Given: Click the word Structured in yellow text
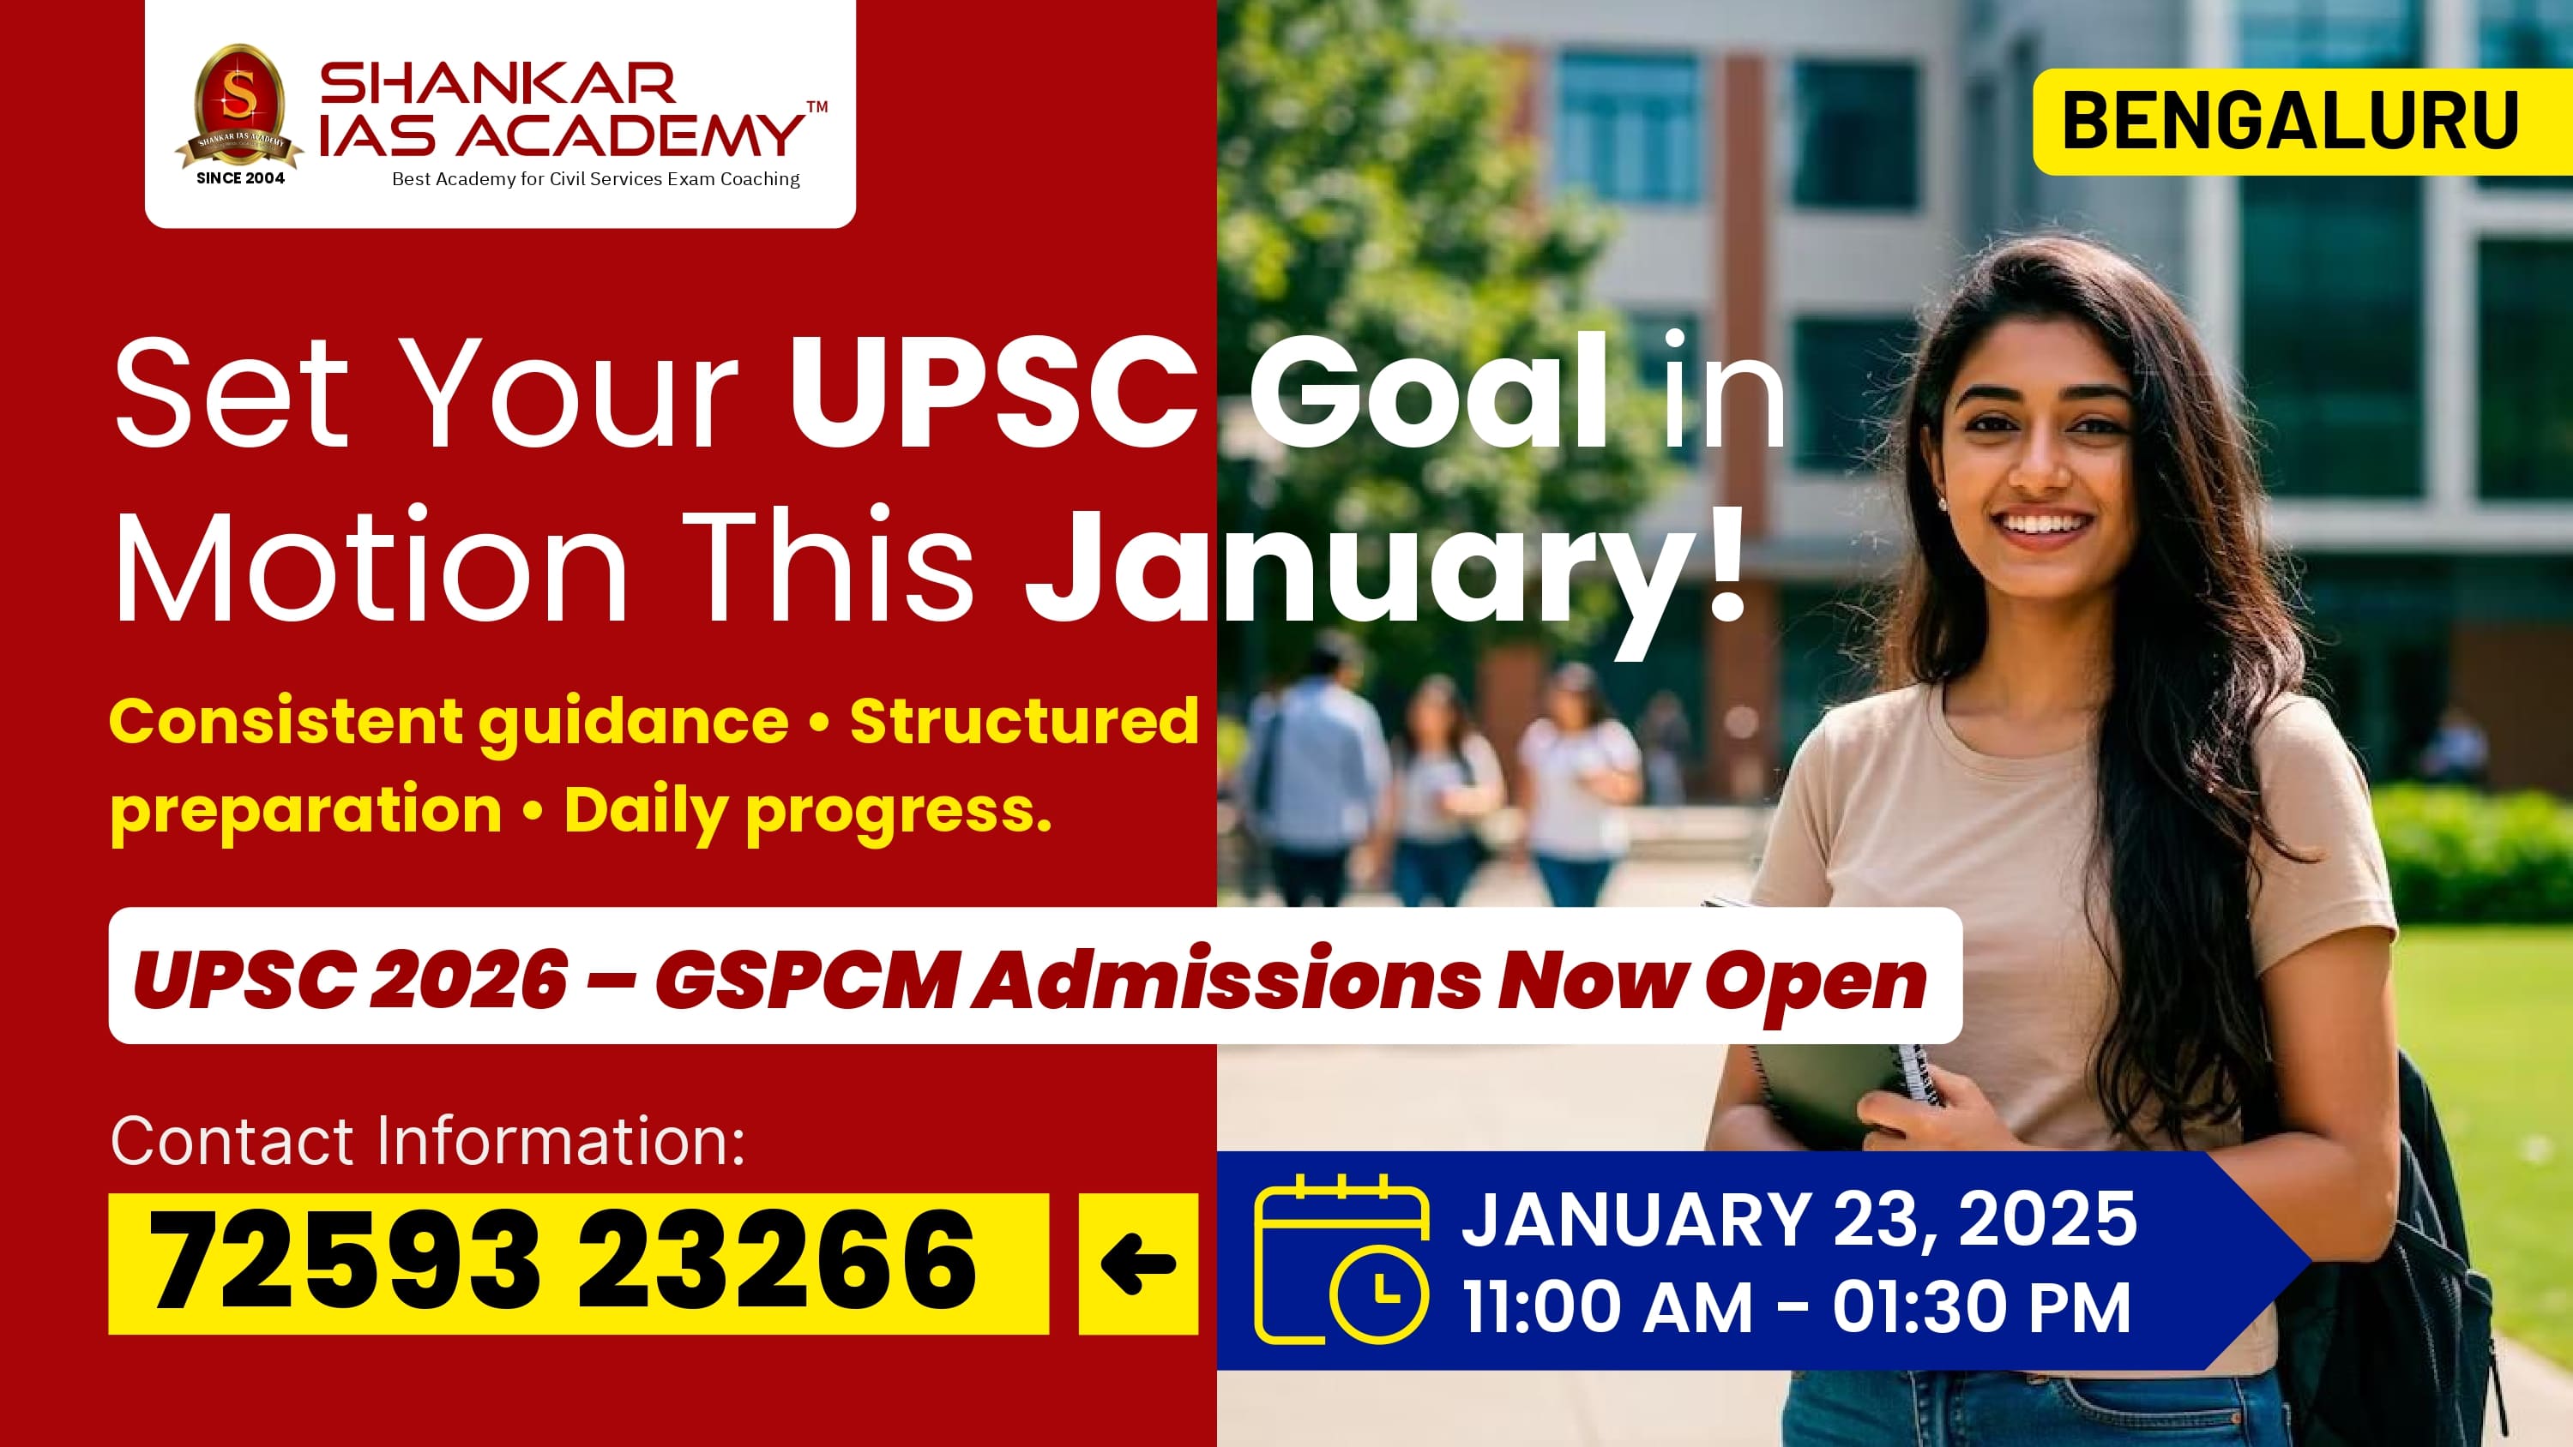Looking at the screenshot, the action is click(1024, 721).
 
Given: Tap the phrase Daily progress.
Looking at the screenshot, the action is click(808, 811).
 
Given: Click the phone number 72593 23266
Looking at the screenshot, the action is click(563, 1261).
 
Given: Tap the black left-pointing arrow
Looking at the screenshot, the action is click(1137, 1264).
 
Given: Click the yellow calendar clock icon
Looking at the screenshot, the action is click(1341, 1260).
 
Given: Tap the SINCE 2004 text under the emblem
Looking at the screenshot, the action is click(240, 177).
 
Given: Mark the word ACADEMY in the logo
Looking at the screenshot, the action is click(631, 135).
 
